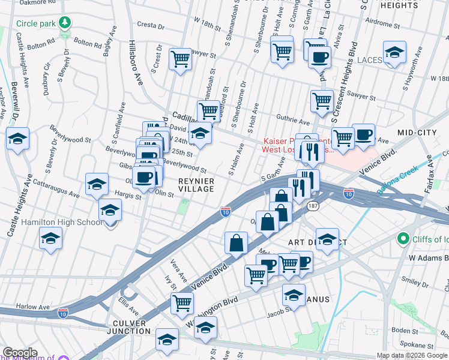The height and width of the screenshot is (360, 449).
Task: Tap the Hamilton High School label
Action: (62, 222)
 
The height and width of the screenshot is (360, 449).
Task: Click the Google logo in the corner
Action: (19, 353)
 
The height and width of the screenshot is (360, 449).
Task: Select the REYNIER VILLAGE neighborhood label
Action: (196, 185)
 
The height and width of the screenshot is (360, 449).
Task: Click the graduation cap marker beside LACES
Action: (394, 53)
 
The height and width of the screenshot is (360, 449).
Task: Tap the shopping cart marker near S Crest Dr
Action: (180, 59)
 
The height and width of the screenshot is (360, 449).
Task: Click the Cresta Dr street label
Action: (151, 26)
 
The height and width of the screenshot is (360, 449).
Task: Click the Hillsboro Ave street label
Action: (134, 63)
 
